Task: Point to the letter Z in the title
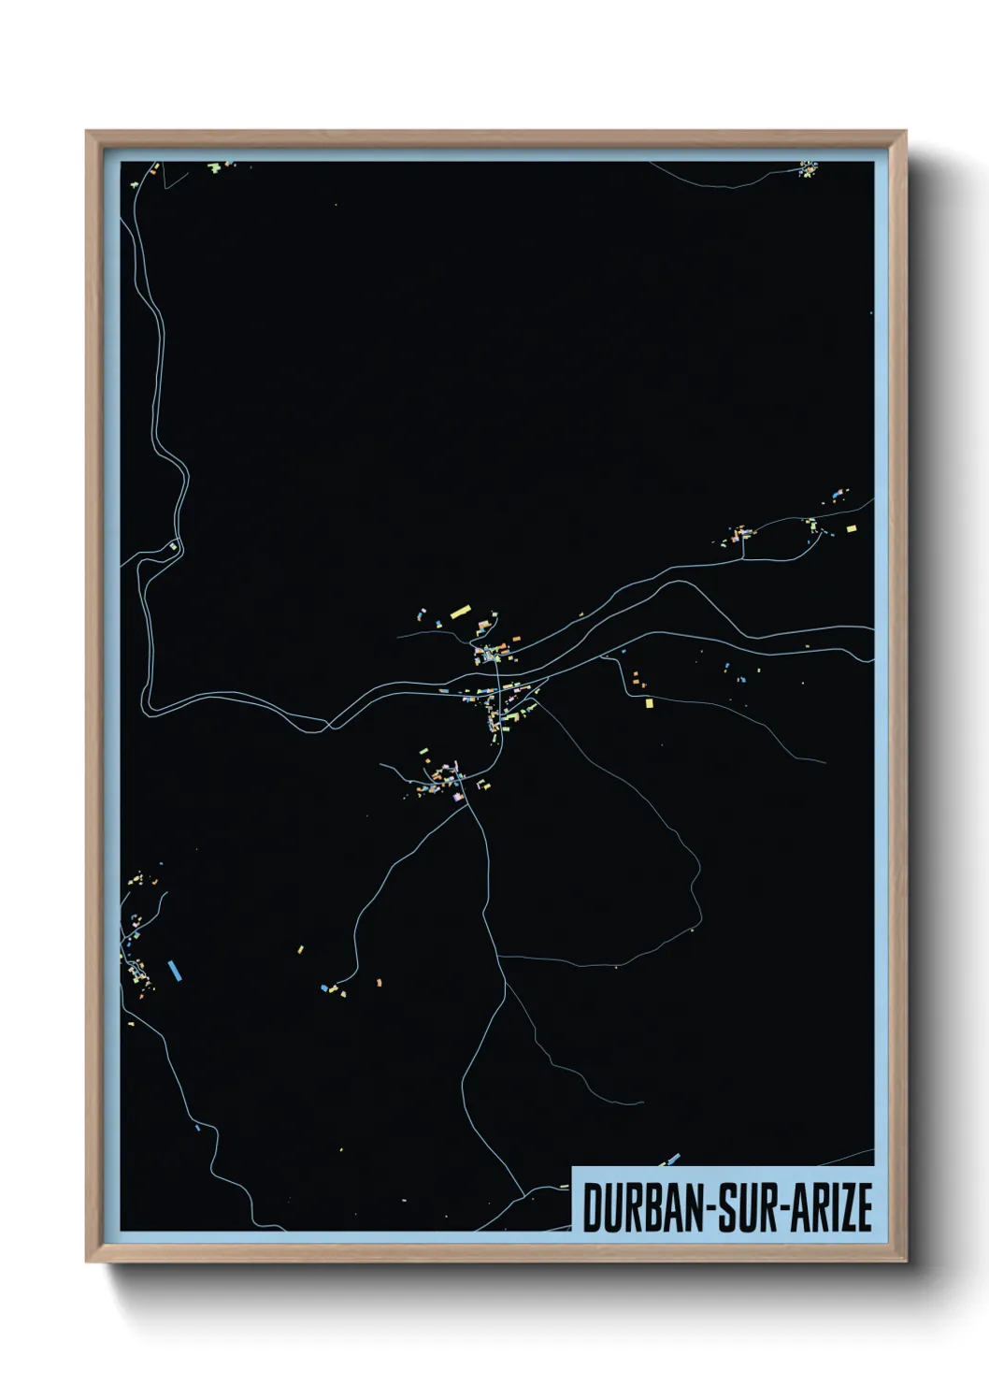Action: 845,1207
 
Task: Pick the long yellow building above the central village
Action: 459,613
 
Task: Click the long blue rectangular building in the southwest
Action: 173,970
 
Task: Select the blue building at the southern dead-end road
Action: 325,987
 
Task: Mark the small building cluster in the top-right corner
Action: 808,168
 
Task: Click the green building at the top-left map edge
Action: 214,167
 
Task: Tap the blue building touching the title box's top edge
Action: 673,1159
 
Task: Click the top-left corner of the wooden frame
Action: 88,133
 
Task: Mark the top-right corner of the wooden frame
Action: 906,133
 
